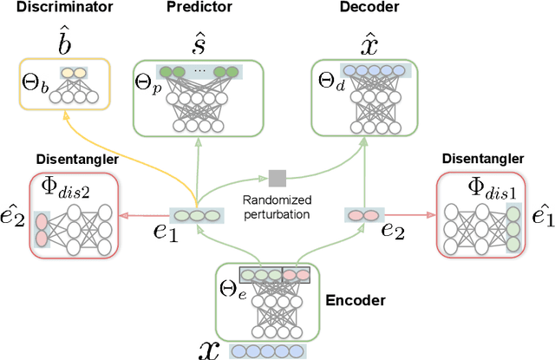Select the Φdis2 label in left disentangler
[57, 190]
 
